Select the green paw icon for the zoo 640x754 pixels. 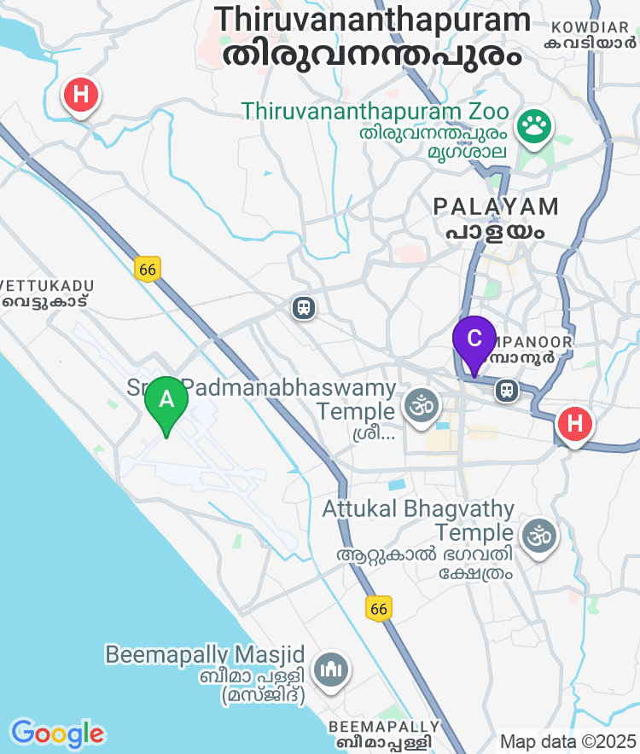[535, 127]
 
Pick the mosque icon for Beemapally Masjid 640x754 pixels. [329, 670]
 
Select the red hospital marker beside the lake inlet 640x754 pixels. [81, 94]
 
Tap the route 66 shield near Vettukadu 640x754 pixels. [148, 269]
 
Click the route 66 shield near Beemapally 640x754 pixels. [380, 608]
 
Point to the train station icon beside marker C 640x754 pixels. [507, 390]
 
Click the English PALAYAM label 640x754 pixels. [496, 206]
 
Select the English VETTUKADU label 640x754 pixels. [48, 286]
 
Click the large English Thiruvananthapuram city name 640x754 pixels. [372, 20]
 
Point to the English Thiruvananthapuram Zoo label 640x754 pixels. [375, 112]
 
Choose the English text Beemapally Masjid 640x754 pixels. [205, 654]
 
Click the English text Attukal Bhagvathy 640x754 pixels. [418, 510]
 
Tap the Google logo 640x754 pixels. [57, 734]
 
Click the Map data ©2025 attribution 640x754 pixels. [568, 741]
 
